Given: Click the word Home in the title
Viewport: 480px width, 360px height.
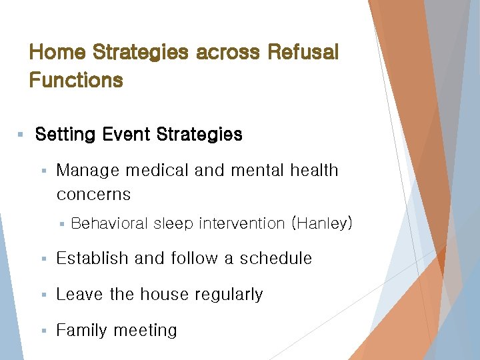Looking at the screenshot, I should pyautogui.click(x=57, y=52).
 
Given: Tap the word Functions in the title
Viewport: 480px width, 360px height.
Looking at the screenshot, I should pyautogui.click(x=76, y=81).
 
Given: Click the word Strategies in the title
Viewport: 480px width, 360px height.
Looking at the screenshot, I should pyautogui.click(x=141, y=52).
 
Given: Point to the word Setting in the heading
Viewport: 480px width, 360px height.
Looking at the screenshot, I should pyautogui.click(x=65, y=135).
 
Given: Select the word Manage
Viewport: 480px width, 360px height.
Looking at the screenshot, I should pyautogui.click(x=84, y=171).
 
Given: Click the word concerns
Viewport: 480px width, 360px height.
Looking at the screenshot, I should pyautogui.click(x=93, y=195).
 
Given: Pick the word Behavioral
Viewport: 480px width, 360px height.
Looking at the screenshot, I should pyautogui.click(x=109, y=224).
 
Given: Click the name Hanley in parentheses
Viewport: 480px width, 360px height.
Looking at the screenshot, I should pyautogui.click(x=322, y=224).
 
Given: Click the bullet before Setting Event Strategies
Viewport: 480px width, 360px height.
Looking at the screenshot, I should pyautogui.click(x=21, y=135).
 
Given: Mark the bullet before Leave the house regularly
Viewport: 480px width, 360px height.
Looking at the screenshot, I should pyautogui.click(x=43, y=295).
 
